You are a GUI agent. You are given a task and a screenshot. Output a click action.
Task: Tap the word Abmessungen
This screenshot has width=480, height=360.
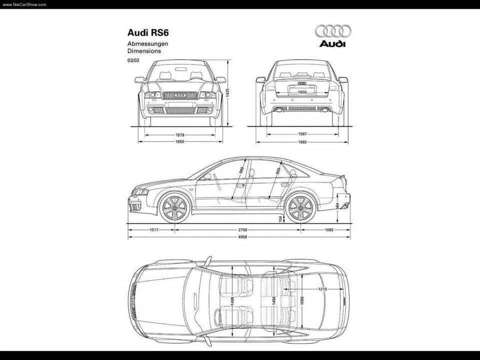point(147,44)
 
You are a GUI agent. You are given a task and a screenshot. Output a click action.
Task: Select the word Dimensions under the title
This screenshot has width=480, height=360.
point(143,51)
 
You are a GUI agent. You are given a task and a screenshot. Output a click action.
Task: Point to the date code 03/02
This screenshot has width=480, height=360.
point(133,60)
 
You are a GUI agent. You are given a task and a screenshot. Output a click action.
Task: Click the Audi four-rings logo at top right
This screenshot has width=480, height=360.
point(333,31)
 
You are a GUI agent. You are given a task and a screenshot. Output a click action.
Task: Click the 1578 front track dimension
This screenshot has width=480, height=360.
point(180,134)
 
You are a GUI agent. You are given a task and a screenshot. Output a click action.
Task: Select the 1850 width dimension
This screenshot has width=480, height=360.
point(180,141)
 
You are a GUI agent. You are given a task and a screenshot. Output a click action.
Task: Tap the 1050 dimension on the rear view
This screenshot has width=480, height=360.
point(302,92)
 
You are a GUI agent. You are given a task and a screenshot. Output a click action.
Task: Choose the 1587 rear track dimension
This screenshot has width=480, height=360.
point(302,134)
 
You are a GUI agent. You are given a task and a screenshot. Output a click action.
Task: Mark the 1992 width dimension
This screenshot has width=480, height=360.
point(302,141)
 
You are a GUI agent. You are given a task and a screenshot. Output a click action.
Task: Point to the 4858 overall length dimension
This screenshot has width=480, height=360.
point(242,236)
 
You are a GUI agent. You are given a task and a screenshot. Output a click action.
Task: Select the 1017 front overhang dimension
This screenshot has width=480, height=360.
point(154,229)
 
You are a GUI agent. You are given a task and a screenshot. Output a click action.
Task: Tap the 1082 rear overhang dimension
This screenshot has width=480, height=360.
point(328,229)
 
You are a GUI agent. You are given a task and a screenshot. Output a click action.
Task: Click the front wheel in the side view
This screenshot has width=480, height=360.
point(174,207)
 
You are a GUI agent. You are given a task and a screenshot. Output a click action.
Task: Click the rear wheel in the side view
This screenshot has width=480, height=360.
point(301,207)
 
